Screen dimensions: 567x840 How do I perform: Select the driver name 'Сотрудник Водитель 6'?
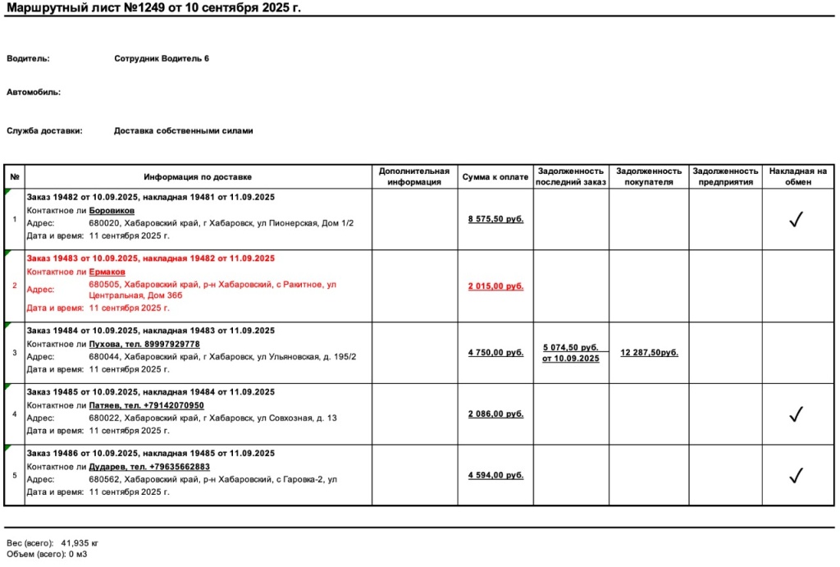pyautogui.click(x=162, y=59)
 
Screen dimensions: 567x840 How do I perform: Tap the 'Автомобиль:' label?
pyautogui.click(x=34, y=93)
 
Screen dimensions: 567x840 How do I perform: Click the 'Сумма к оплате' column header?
pyautogui.click(x=495, y=176)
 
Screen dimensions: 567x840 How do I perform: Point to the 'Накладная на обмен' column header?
pyautogui.click(x=797, y=176)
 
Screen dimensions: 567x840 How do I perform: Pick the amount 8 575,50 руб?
pyautogui.click(x=495, y=220)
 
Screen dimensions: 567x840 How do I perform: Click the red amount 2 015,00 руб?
pyautogui.click(x=495, y=286)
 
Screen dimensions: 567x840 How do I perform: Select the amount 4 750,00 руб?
pyautogui.click(x=495, y=353)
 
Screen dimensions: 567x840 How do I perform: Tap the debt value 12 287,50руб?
pyautogui.click(x=649, y=353)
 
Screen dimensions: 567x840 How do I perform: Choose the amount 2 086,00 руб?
pyautogui.click(x=495, y=414)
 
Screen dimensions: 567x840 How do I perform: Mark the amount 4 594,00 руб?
pyautogui.click(x=495, y=475)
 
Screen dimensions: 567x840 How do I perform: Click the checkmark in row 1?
pyautogui.click(x=795, y=219)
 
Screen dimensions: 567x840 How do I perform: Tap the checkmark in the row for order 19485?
pyautogui.click(x=795, y=414)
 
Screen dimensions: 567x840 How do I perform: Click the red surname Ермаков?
pyautogui.click(x=107, y=272)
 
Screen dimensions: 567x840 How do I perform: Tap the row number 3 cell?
pyautogui.click(x=15, y=353)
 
